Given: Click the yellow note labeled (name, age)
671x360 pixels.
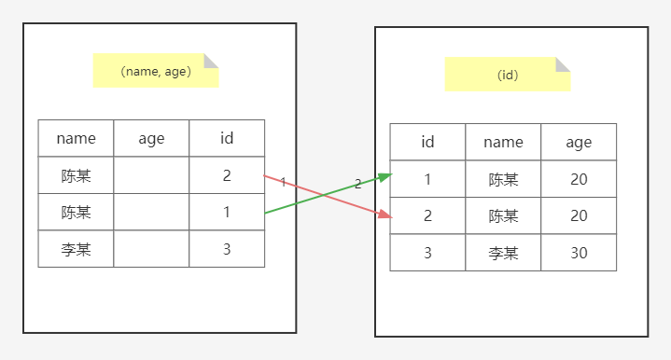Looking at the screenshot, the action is click(156, 71).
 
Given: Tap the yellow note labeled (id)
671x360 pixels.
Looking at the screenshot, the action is click(508, 75).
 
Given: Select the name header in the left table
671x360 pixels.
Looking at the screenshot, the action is click(77, 138).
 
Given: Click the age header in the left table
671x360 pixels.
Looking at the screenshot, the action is click(151, 138).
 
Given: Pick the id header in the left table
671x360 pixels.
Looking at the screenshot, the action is click(227, 138).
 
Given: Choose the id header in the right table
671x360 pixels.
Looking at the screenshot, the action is click(427, 142).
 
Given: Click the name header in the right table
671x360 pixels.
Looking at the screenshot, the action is click(503, 142).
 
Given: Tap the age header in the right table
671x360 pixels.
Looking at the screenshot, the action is click(579, 142).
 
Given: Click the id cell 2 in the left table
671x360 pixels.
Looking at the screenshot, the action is click(227, 175).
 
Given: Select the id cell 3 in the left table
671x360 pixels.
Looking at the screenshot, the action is click(227, 249).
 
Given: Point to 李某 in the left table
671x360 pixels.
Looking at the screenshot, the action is click(77, 249).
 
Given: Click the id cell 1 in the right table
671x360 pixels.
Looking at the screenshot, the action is click(427, 179).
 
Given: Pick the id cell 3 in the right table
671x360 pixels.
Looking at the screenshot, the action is click(427, 253).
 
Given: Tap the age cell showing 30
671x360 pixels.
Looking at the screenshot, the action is click(579, 253).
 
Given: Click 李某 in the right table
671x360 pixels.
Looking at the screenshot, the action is click(503, 253).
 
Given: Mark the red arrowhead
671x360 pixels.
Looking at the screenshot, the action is click(385, 215).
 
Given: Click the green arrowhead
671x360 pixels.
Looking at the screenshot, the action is click(385, 177).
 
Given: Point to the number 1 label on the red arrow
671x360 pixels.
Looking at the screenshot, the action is click(283, 182).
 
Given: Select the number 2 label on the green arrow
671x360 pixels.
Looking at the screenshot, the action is click(358, 184).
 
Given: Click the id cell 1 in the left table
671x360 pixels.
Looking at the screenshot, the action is click(227, 212).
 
